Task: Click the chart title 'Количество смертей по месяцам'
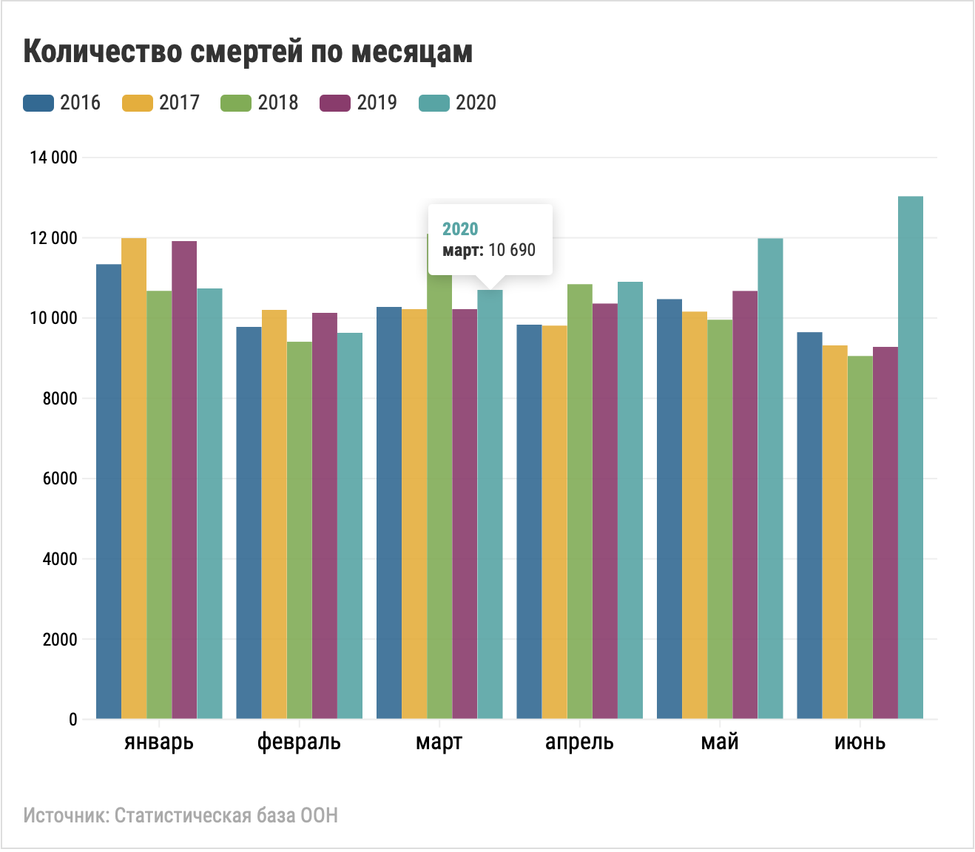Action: pos(248,52)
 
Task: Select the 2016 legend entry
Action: pos(62,103)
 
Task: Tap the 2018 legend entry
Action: pos(260,103)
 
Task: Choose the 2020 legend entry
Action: pos(458,103)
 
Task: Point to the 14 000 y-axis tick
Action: pos(53,158)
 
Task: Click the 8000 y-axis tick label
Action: pos(59,399)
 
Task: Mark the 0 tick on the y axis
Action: pos(72,719)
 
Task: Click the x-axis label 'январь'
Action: pos(159,742)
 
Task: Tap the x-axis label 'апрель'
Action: pos(579,742)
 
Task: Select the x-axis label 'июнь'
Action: pos(860,742)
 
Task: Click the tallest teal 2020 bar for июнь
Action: pos(911,459)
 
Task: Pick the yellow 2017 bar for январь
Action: pos(134,481)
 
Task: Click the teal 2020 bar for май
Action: pos(770,481)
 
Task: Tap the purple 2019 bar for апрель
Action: pos(605,510)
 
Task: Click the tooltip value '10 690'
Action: pos(512,250)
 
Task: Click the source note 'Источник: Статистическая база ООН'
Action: pos(181,816)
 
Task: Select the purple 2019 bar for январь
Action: pos(184,481)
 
